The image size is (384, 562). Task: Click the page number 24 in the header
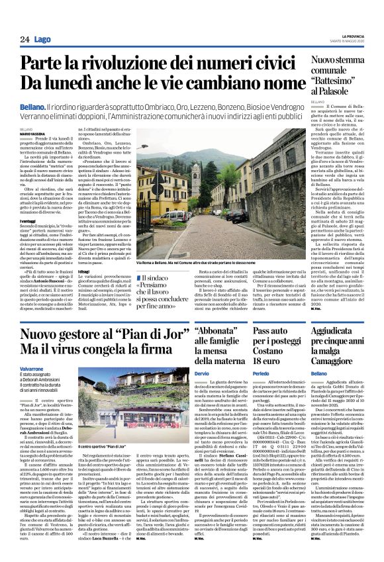pyautogui.click(x=24, y=40)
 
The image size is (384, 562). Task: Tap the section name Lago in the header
pyautogui.click(x=42, y=40)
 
